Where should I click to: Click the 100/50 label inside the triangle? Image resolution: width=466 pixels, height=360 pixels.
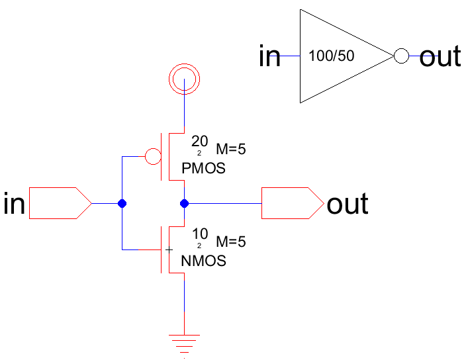(x=332, y=56)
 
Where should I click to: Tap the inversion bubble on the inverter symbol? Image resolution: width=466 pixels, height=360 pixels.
(x=401, y=56)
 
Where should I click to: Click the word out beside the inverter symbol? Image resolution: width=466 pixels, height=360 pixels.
(x=440, y=57)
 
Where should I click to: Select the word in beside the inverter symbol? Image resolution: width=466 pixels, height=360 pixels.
(x=270, y=57)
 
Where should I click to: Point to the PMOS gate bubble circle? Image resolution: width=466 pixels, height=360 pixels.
(x=152, y=157)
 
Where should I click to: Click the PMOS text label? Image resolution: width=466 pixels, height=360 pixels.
(x=203, y=168)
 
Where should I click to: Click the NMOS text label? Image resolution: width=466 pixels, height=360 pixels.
(x=203, y=261)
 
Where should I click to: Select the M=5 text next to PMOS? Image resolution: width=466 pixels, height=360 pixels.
(x=231, y=150)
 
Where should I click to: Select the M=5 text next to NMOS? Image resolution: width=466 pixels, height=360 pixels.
(x=231, y=242)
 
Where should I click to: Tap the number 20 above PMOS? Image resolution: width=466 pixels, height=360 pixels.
(x=199, y=140)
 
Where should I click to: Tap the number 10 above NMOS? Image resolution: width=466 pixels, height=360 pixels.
(x=199, y=233)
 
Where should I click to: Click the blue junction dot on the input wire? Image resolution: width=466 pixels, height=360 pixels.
(x=122, y=203)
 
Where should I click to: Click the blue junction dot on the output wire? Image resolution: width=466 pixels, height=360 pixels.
(x=184, y=203)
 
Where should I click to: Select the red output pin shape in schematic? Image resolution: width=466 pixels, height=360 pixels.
(x=291, y=203)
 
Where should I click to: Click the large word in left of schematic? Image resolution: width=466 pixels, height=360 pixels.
(x=15, y=204)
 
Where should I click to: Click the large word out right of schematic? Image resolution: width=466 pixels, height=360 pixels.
(x=348, y=204)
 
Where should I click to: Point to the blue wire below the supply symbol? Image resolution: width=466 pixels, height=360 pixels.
(x=183, y=109)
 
